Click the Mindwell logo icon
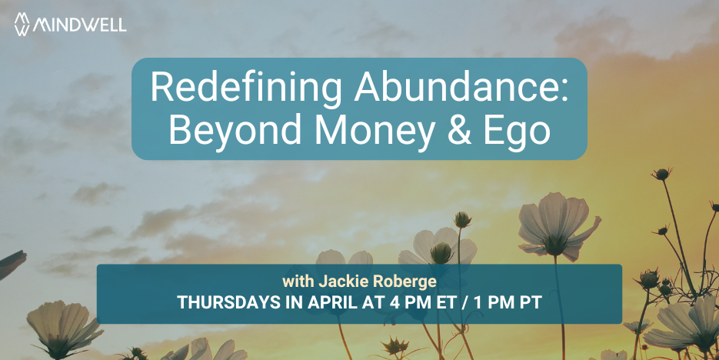click(x=22, y=24)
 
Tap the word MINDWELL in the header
click(x=80, y=25)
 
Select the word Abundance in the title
click(x=456, y=87)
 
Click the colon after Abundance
click(x=564, y=92)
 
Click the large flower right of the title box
click(x=558, y=228)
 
